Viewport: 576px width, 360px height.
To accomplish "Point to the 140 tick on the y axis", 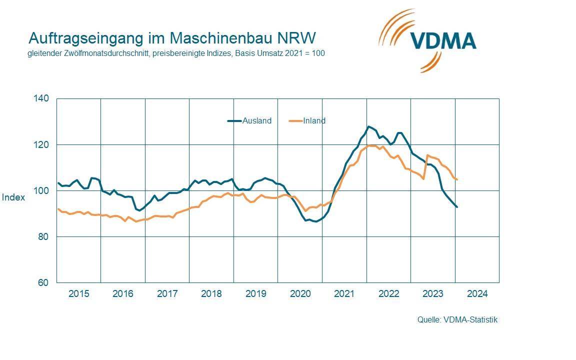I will point(42,98).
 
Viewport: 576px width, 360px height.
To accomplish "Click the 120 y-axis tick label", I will point(42,144).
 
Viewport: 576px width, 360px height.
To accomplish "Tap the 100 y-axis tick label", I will point(42,190).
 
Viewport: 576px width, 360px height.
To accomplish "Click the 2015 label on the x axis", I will point(78,294).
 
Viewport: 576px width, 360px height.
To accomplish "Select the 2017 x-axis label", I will point(167,294).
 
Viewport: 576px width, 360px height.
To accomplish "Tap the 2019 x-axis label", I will point(255,294).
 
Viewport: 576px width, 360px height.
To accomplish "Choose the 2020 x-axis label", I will point(300,294).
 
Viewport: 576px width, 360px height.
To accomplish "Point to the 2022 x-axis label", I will point(388,294).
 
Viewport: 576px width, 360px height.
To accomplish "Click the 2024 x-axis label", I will point(477,294).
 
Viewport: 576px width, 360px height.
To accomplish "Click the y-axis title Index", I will point(13,197).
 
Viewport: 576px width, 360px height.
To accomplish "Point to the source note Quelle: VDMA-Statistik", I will point(457,320).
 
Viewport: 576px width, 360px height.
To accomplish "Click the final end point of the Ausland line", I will point(456,207).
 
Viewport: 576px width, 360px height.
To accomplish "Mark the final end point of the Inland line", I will point(457,179).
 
